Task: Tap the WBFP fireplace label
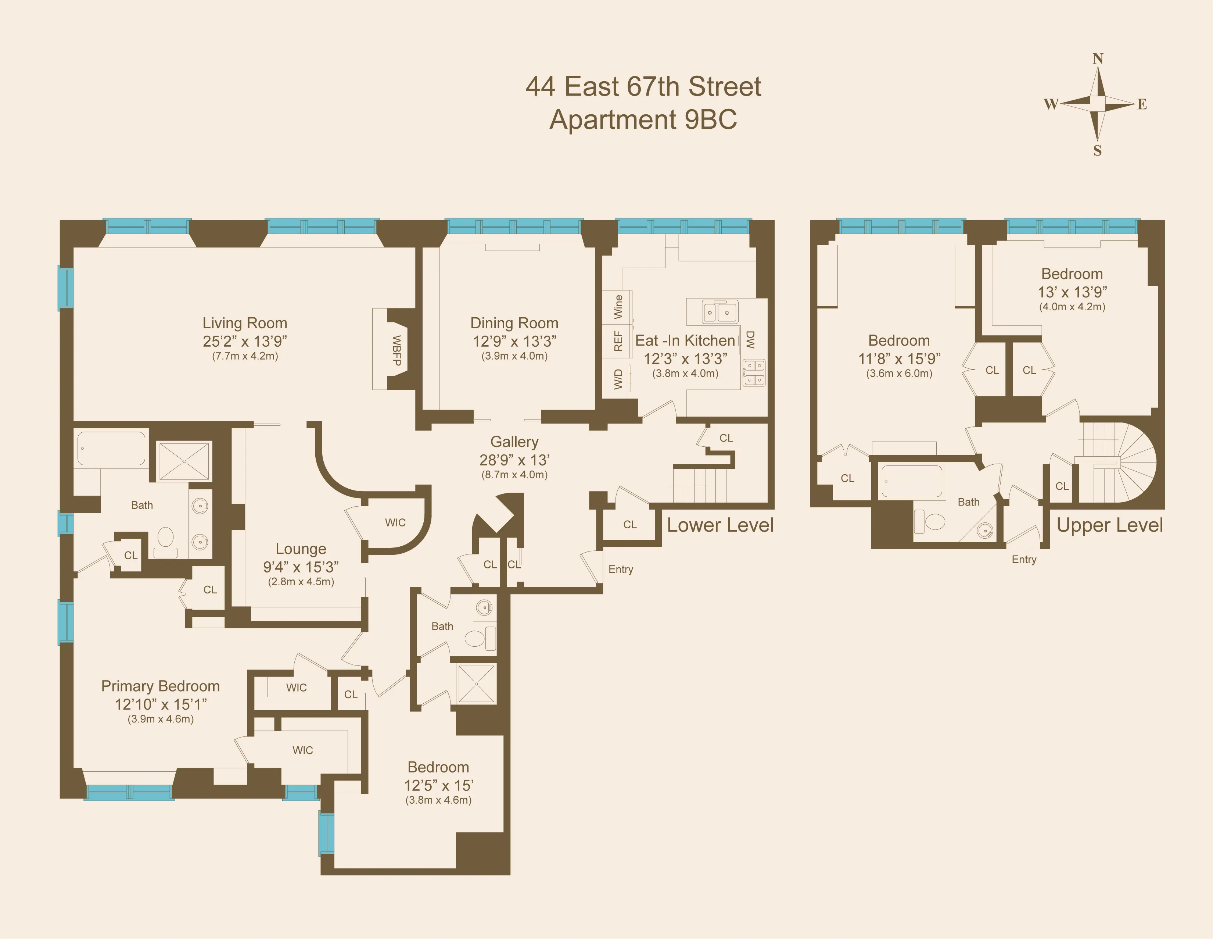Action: tap(396, 350)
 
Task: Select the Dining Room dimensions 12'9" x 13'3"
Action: tap(514, 341)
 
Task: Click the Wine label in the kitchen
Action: tap(618, 306)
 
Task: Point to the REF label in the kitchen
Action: tap(618, 340)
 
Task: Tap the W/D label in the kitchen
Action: tap(618, 379)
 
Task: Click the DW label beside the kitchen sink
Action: tap(750, 339)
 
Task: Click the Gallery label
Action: tap(514, 442)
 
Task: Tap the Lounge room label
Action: tap(301, 549)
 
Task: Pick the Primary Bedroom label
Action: tap(161, 686)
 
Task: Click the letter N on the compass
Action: tap(1098, 59)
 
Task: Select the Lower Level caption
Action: tap(720, 525)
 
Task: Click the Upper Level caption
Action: tap(1109, 525)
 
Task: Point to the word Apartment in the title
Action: tap(613, 119)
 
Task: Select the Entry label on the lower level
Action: tap(620, 569)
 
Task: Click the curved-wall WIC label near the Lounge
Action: tap(395, 522)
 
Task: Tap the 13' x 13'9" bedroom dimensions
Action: tap(1072, 292)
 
